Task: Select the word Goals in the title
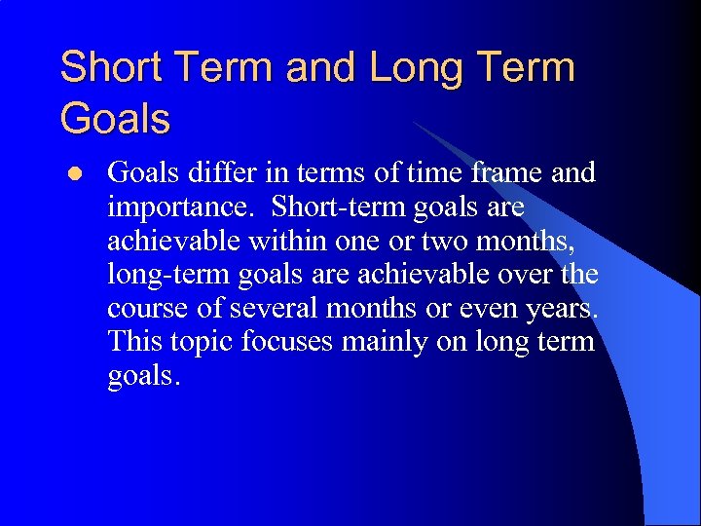pyautogui.click(x=115, y=119)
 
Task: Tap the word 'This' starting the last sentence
pyautogui.click(x=133, y=342)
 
